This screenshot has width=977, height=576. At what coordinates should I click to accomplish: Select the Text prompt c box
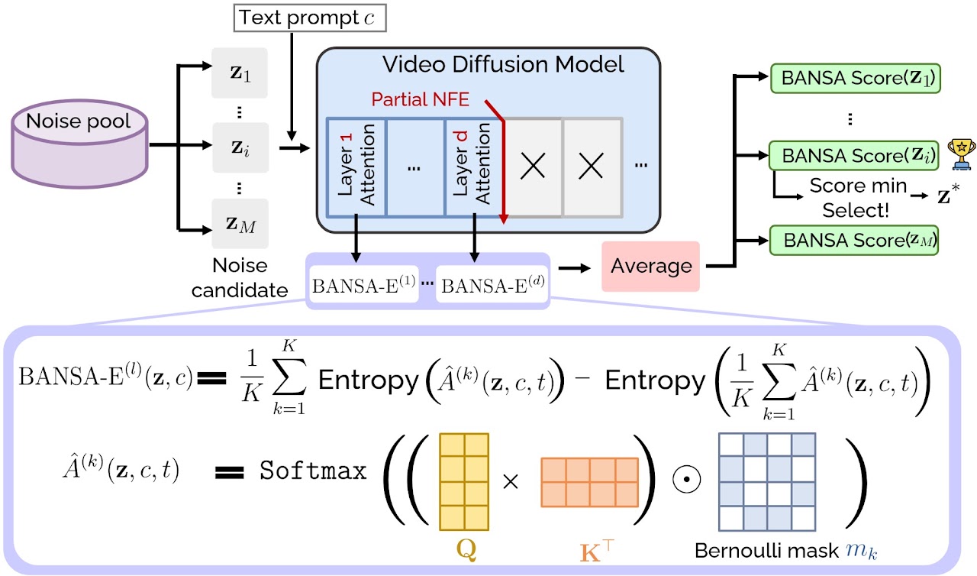click(x=292, y=18)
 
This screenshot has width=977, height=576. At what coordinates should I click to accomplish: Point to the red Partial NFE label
click(x=421, y=99)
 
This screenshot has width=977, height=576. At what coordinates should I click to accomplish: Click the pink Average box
click(x=651, y=266)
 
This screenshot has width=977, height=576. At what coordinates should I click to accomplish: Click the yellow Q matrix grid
click(x=464, y=481)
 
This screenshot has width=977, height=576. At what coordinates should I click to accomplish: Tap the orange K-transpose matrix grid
click(x=588, y=481)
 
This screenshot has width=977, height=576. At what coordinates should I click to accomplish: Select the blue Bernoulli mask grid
click(x=767, y=481)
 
